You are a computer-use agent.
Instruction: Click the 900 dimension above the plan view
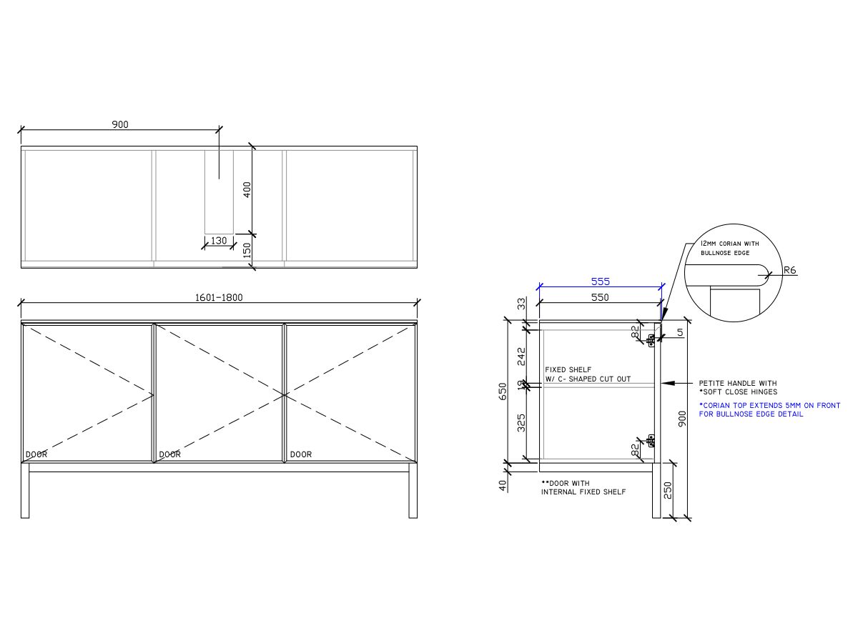(x=120, y=124)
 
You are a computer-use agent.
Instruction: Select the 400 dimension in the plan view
(x=247, y=190)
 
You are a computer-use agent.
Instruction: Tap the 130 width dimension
(x=219, y=241)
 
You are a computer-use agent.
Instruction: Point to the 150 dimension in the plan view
(x=247, y=250)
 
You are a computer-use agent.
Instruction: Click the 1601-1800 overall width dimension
(x=219, y=297)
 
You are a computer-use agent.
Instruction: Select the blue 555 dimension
(x=601, y=281)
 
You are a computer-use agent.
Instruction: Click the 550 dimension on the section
(x=600, y=297)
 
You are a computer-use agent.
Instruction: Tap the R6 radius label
(x=789, y=270)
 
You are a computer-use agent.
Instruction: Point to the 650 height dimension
(x=503, y=392)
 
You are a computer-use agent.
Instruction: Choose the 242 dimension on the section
(x=522, y=357)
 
